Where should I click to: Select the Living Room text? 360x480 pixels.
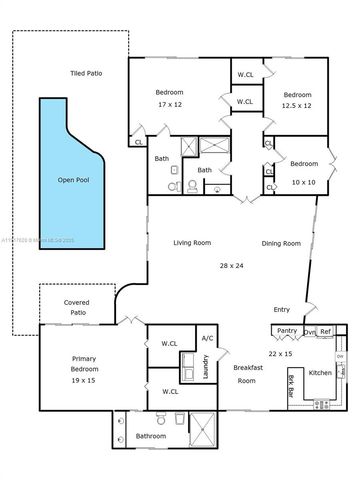coord(191,243)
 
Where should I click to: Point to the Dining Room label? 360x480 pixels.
coord(281,243)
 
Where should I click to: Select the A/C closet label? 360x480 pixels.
coord(208,338)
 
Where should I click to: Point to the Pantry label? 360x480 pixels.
coord(286,330)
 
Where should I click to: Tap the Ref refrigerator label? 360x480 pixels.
coord(325,331)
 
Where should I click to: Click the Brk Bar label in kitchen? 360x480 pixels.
coord(293,385)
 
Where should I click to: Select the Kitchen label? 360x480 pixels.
coord(320,372)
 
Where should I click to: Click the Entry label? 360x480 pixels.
coord(282,309)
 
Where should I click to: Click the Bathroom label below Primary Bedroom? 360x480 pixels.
coord(150,435)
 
